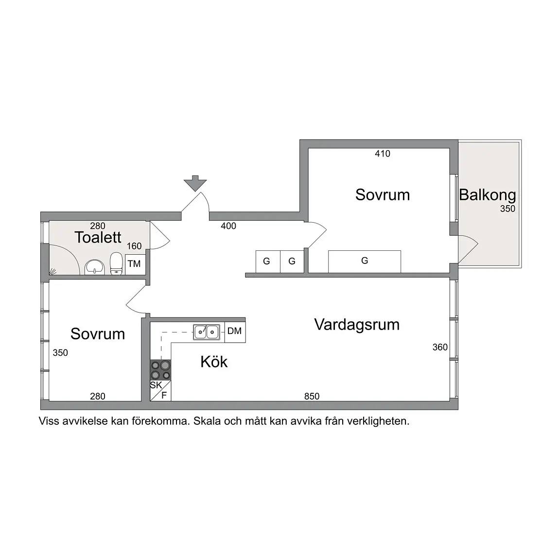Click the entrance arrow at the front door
(195, 182)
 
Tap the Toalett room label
(98, 237)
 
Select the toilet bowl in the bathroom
(116, 263)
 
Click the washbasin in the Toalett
(95, 267)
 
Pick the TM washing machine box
(135, 264)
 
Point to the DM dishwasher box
(235, 332)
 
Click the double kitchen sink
(207, 332)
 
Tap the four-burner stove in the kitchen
(160, 370)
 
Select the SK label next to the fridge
(156, 385)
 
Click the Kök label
(214, 362)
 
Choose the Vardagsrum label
(357, 325)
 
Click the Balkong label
(488, 195)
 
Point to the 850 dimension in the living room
(312, 396)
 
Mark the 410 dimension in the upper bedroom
(383, 154)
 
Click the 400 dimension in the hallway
(228, 226)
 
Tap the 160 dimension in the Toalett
(134, 245)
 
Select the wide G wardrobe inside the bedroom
(364, 262)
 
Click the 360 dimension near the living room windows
(440, 347)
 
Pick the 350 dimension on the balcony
(507, 209)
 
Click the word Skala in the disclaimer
(207, 421)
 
